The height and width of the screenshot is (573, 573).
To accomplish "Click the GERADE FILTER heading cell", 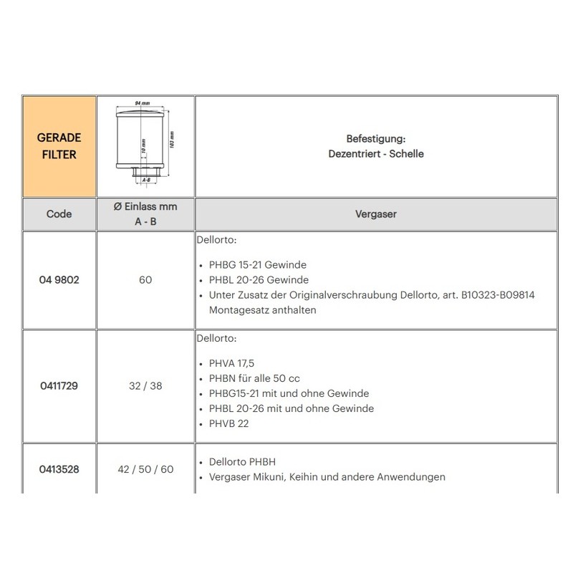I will tap(59, 145).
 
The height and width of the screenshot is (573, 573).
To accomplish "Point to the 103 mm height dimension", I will tap(172, 140).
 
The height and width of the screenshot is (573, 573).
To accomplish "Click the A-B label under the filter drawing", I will tap(145, 180).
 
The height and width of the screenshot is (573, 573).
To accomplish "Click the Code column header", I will tap(59, 213).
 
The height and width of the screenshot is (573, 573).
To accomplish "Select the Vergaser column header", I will tap(375, 213).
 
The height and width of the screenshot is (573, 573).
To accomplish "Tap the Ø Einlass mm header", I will tap(145, 206).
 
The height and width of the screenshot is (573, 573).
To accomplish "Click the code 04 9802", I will tap(59, 280).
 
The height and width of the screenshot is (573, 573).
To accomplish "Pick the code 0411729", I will tap(59, 385).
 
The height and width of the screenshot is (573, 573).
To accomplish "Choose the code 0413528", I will tap(59, 470).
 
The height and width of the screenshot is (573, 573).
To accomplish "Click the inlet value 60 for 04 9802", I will tap(145, 280).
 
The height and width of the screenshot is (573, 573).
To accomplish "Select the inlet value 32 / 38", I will tap(145, 385).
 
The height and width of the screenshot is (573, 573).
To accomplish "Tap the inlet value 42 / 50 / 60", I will tap(145, 470).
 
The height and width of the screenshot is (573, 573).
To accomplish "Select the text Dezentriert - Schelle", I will tap(375, 153).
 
